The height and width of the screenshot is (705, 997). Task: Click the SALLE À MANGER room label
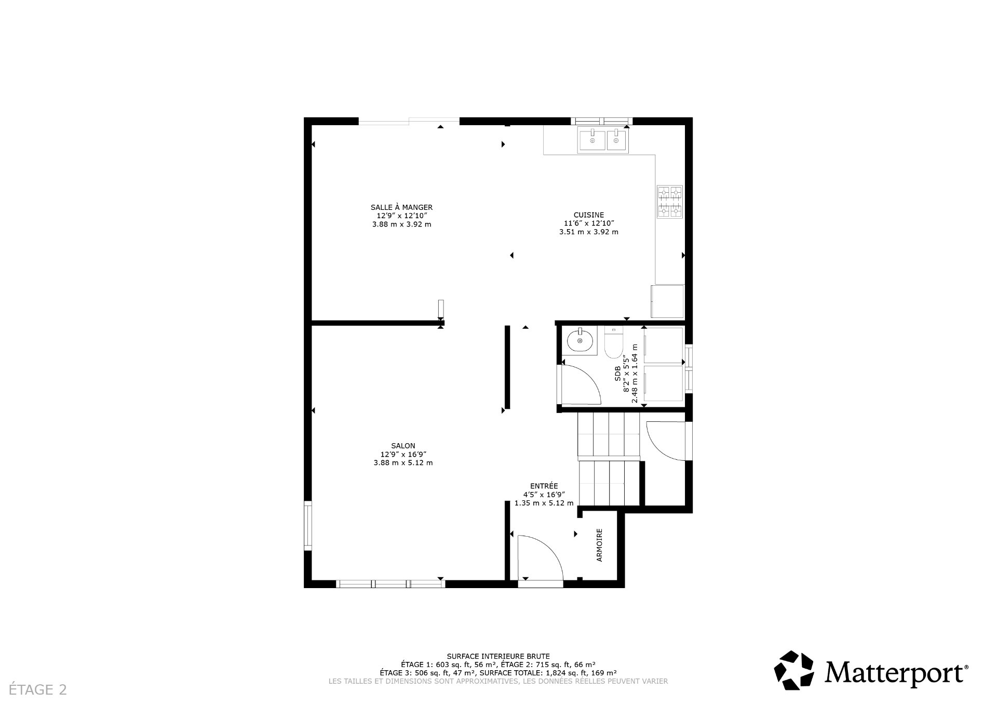(401, 207)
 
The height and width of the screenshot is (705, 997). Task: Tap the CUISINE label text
(588, 215)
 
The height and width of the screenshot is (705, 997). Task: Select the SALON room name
(403, 446)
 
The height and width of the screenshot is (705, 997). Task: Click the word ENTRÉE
(544, 486)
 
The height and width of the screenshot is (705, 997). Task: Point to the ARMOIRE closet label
(600, 545)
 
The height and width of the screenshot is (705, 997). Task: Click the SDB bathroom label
(618, 375)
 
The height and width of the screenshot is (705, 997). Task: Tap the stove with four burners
(669, 202)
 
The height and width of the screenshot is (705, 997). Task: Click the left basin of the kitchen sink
(592, 140)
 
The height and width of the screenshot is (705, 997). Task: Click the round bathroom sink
(580, 341)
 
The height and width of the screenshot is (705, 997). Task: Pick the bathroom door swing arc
(580, 384)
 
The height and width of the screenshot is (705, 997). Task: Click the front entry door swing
(540, 558)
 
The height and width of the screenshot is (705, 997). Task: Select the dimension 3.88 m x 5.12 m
(403, 463)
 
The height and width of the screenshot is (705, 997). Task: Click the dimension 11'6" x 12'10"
(588, 223)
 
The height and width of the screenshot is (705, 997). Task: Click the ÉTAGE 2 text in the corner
(38, 689)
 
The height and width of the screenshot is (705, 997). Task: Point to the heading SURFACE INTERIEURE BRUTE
(498, 656)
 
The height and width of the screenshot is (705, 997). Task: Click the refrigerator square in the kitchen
(668, 301)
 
